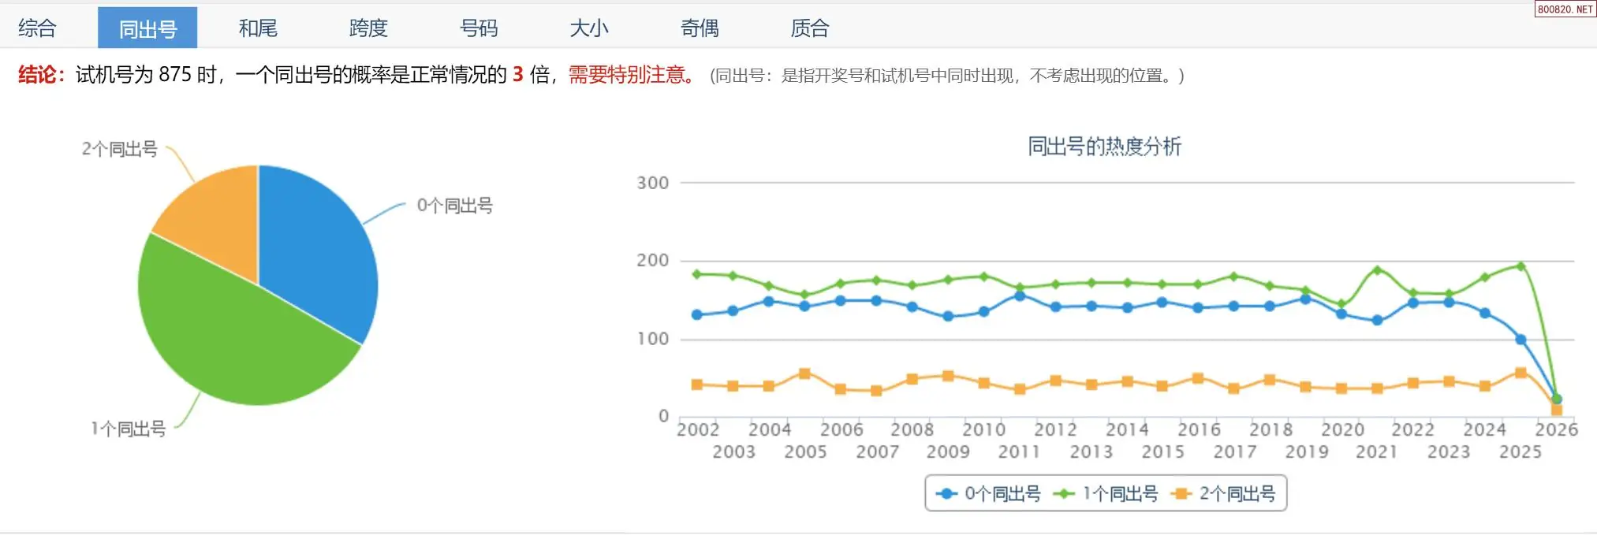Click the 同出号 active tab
(x=147, y=29)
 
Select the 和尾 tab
(x=258, y=29)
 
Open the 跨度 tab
(x=368, y=29)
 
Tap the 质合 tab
(x=810, y=29)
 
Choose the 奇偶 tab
(x=700, y=29)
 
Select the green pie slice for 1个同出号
(x=237, y=339)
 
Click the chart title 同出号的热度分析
(x=1104, y=147)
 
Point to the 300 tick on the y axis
(x=653, y=183)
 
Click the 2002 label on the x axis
(x=698, y=429)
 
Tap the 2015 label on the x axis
(x=1163, y=451)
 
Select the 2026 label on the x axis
(x=1556, y=429)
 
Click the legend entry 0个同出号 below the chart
(x=989, y=494)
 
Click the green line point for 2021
(x=1378, y=270)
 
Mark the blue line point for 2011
(x=1020, y=295)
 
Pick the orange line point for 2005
(x=804, y=373)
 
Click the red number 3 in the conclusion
(x=518, y=75)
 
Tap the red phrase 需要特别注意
(x=629, y=75)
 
